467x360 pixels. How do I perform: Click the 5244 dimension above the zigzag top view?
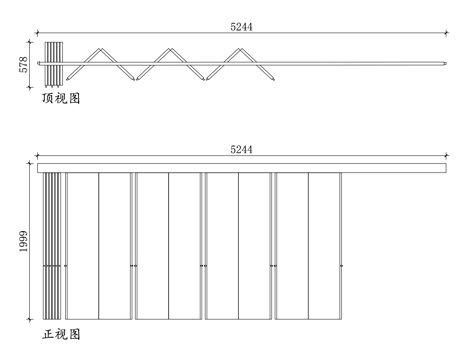point(241,27)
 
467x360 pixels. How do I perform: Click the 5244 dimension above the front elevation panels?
point(241,149)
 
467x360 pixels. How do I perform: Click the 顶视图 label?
point(60,100)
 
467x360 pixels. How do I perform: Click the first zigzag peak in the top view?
point(101,50)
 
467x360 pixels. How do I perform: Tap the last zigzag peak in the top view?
point(238,50)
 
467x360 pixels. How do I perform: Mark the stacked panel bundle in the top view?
point(54,64)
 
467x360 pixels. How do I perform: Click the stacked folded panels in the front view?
point(52,245)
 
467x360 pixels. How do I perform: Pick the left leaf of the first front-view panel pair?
point(82,245)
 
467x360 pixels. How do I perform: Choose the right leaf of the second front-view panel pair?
point(184,245)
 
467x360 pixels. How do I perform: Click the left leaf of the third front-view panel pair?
point(221,245)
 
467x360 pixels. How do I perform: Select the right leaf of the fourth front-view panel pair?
point(324,245)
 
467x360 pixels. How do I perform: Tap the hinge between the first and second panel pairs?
point(133,266)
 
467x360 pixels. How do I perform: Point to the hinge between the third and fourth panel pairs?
point(272,266)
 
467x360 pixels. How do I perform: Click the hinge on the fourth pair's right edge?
point(341,266)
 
